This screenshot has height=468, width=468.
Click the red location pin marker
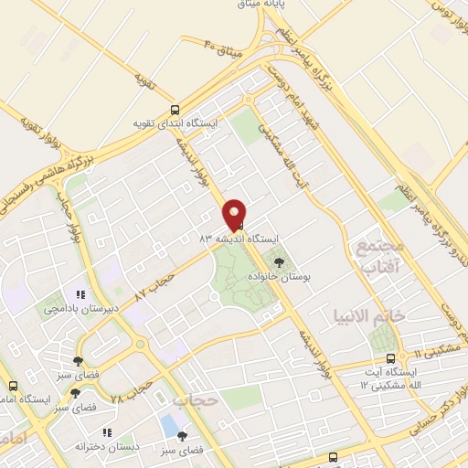[x=236, y=214]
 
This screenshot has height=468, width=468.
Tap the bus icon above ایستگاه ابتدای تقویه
[x=175, y=109]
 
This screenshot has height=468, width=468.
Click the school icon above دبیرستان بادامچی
[x=80, y=295]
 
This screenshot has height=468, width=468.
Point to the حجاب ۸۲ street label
[x=153, y=282]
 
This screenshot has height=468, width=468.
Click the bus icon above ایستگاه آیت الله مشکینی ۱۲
[x=391, y=357]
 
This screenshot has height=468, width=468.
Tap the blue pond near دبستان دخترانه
[x=168, y=425]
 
